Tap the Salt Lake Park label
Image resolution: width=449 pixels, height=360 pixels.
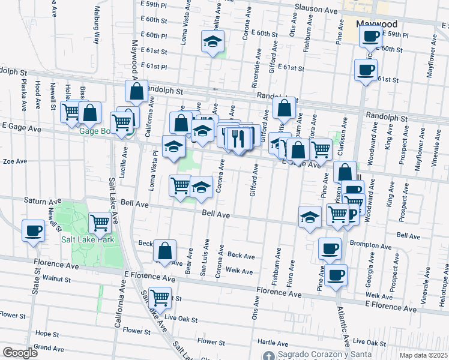[x=87, y=239]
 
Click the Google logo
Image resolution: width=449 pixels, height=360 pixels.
[x=20, y=353]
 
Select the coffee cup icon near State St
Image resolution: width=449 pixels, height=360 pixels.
[x=34, y=230]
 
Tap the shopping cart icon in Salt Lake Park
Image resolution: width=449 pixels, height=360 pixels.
[x=100, y=223]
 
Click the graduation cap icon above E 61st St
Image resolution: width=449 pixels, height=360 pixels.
[x=212, y=41]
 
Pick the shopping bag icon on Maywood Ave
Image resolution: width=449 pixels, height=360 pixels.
[x=136, y=91]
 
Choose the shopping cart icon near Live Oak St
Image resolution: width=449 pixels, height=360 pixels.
[x=160, y=297]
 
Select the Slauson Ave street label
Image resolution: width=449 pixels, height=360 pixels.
[x=316, y=10]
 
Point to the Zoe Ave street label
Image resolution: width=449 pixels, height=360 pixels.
[x=16, y=161]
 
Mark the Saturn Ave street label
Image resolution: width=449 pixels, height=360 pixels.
[x=40, y=200]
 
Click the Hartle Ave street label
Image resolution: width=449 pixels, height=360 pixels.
[x=270, y=343]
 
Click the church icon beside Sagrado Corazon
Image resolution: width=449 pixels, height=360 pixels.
[x=269, y=355]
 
